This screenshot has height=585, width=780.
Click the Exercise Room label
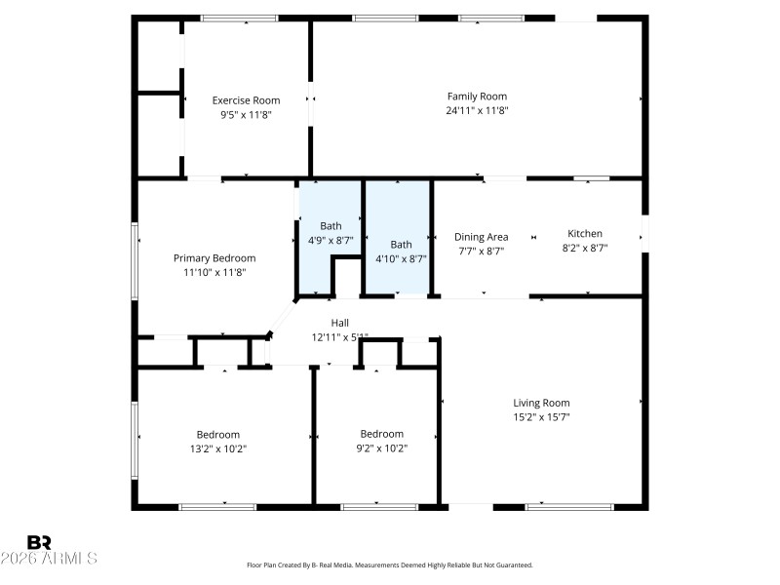(x=246, y=100)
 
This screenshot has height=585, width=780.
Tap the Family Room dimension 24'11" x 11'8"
(x=477, y=110)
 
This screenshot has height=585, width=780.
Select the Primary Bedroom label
(x=214, y=258)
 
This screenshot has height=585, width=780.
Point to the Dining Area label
(x=481, y=237)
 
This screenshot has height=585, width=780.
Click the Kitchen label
(x=585, y=234)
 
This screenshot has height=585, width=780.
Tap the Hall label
(x=339, y=323)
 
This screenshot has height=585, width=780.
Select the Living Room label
(x=541, y=403)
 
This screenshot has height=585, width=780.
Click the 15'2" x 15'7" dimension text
(x=541, y=417)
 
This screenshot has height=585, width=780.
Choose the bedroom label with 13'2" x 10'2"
(x=217, y=435)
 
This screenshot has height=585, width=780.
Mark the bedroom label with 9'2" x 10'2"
(x=381, y=435)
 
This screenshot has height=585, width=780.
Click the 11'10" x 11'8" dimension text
(x=214, y=272)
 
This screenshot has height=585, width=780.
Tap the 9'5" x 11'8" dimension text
(x=246, y=114)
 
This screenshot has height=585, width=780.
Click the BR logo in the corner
(x=40, y=541)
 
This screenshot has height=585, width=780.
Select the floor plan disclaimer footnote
(x=390, y=565)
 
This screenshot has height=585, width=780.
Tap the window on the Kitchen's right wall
(x=643, y=233)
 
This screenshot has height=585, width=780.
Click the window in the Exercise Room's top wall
(x=239, y=18)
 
